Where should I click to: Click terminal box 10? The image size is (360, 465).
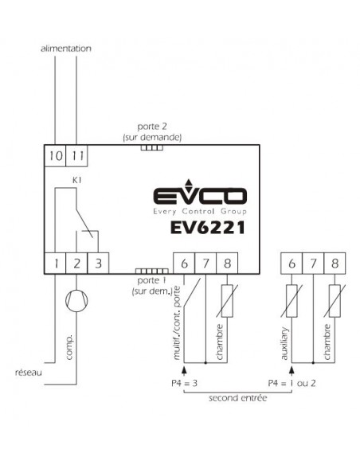click(x=55, y=156)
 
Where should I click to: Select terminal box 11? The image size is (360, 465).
click(x=76, y=156)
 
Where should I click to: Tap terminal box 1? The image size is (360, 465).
click(x=55, y=263)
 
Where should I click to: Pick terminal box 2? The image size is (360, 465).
click(x=76, y=263)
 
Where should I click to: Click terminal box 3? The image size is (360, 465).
click(x=98, y=263)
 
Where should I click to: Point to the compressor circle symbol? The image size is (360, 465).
click(x=76, y=301)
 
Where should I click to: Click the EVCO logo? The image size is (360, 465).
click(x=200, y=197)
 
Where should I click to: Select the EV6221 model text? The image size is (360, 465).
click(x=208, y=228)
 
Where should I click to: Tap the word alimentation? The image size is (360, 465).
click(x=66, y=49)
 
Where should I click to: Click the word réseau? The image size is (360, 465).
click(x=29, y=373)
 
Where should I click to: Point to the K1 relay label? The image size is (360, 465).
click(x=76, y=180)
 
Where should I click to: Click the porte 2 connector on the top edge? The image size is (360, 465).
click(x=152, y=147)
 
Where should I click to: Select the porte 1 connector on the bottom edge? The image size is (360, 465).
click(x=152, y=271)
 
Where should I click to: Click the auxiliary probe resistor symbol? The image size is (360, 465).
click(x=292, y=301)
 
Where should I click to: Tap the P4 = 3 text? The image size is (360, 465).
click(x=184, y=383)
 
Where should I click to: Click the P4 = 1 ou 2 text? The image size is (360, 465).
click(x=292, y=383)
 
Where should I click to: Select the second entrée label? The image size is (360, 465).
click(x=238, y=398)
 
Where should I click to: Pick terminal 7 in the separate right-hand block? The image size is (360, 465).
click(x=313, y=263)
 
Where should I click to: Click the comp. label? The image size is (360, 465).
click(x=68, y=348)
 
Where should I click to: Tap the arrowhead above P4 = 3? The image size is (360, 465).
click(x=184, y=369)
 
